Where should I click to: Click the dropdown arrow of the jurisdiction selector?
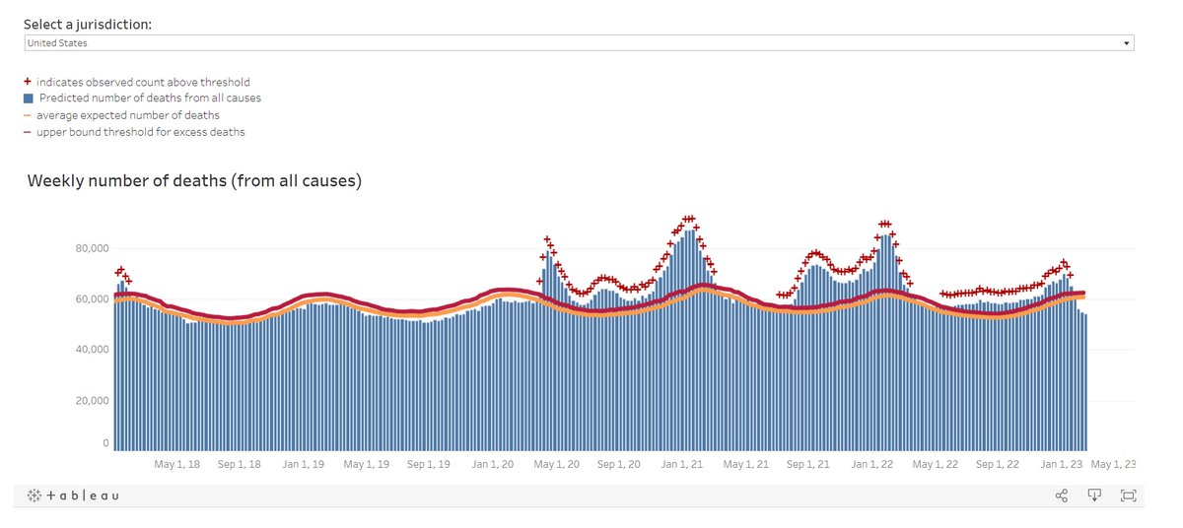pyautogui.click(x=1126, y=43)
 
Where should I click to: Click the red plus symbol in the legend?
pyautogui.click(x=28, y=83)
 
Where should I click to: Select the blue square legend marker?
pyautogui.click(x=28, y=99)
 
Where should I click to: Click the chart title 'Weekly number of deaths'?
pyautogui.click(x=194, y=181)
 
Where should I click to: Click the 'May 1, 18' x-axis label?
pyautogui.click(x=178, y=464)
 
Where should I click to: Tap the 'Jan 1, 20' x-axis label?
pyautogui.click(x=492, y=464)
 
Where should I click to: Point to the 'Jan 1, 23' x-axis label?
pyautogui.click(x=1061, y=464)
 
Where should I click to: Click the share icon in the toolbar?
pyautogui.click(x=1062, y=495)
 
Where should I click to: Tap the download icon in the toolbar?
pyautogui.click(x=1094, y=495)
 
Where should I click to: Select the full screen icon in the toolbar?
pyautogui.click(x=1128, y=495)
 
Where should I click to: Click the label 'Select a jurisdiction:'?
pyautogui.click(x=88, y=24)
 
